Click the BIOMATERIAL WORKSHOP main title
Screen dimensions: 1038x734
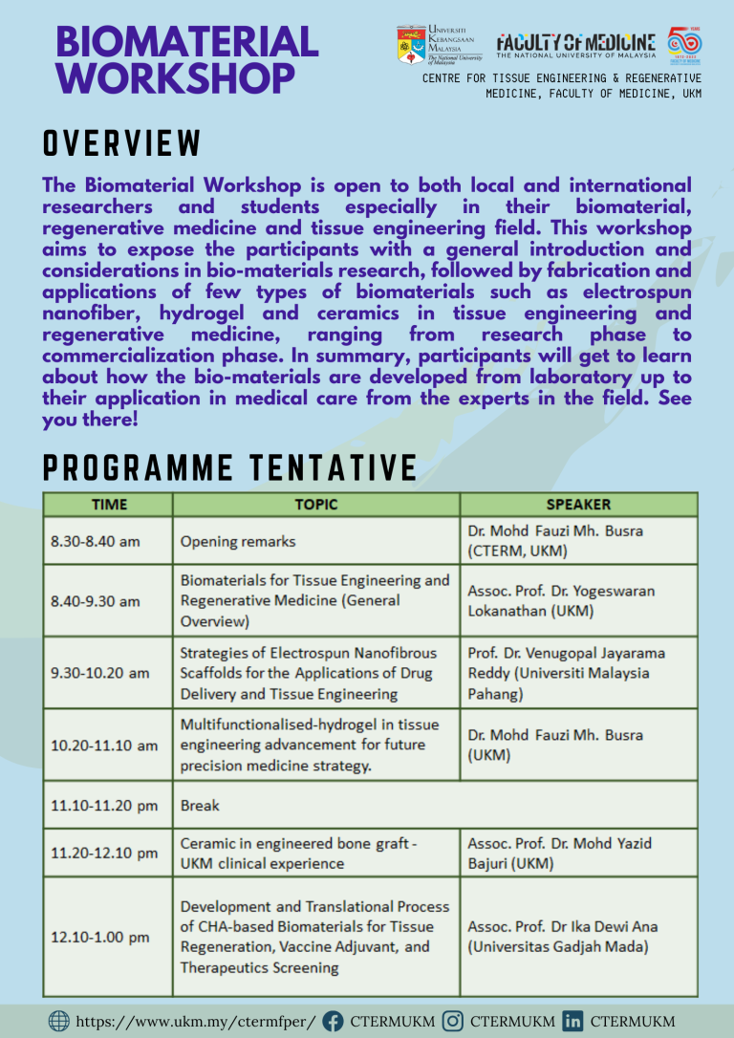click(x=186, y=59)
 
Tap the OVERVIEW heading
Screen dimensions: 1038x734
click(x=122, y=143)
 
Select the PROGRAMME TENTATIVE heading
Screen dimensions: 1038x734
click(x=229, y=468)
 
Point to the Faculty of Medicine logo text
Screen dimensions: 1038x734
click(x=575, y=44)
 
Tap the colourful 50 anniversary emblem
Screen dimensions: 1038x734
click(x=683, y=44)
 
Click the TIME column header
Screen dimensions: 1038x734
click(x=108, y=505)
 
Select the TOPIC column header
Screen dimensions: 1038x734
click(x=315, y=505)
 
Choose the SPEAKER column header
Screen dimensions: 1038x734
click(x=578, y=505)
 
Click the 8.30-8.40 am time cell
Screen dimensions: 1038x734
click(x=96, y=541)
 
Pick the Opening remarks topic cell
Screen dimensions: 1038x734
click(x=238, y=541)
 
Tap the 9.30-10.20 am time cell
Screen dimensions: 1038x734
click(x=100, y=673)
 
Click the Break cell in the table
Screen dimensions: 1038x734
click(x=200, y=806)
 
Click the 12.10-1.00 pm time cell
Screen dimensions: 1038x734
click(x=100, y=937)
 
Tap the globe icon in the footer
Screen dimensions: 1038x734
click(x=58, y=1021)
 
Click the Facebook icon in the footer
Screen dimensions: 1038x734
click(x=333, y=1021)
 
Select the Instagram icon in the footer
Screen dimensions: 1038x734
click(x=454, y=1021)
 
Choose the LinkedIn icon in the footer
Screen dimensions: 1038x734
click(x=573, y=1021)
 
